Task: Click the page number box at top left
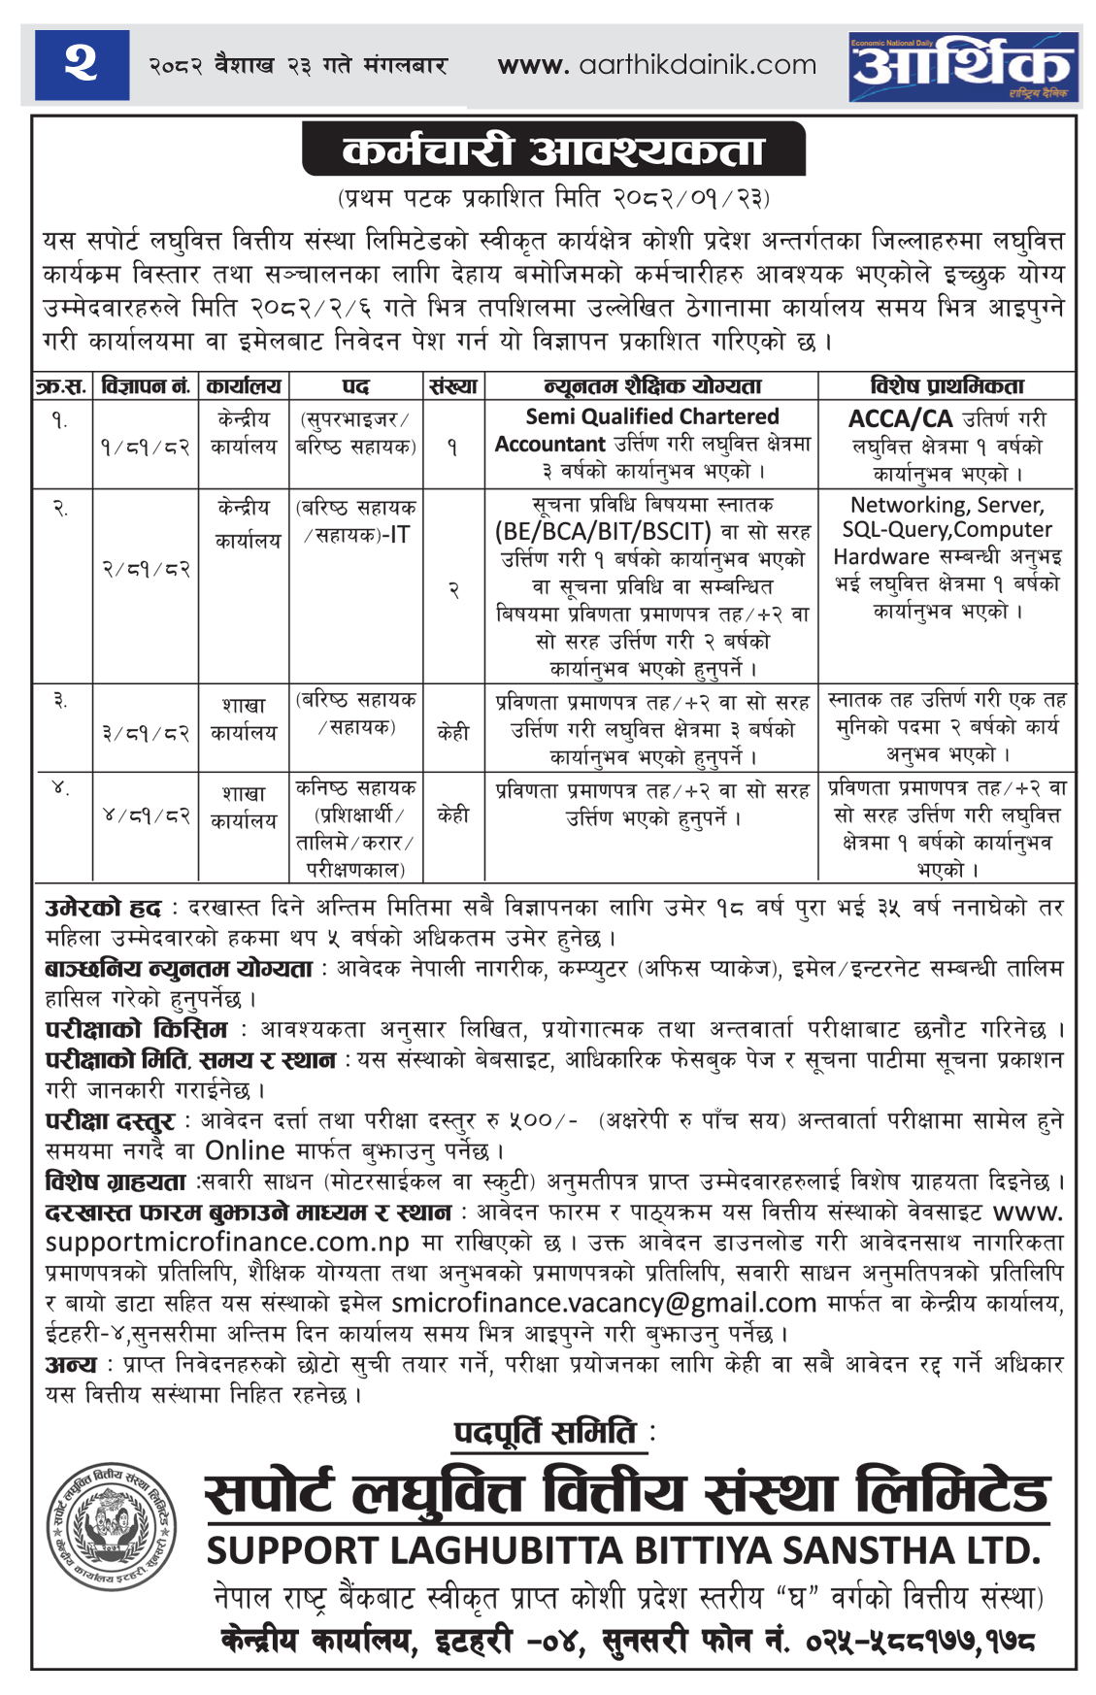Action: point(82,64)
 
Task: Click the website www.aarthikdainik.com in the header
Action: point(656,65)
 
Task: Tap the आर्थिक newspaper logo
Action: point(962,66)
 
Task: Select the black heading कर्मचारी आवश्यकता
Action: point(553,150)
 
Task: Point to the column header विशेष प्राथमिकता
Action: point(947,386)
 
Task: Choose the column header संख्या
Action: point(452,386)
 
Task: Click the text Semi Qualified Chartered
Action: point(652,416)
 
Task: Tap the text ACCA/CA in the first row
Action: point(900,418)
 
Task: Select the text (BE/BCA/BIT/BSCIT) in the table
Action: point(603,531)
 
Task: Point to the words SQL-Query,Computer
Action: point(947,530)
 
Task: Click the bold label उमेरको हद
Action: point(103,909)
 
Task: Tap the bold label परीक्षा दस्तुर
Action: point(110,1121)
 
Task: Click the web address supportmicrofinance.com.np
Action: point(227,1243)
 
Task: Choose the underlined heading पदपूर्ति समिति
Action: point(546,1433)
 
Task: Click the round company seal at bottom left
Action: point(113,1527)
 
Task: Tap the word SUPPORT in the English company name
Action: point(292,1550)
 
